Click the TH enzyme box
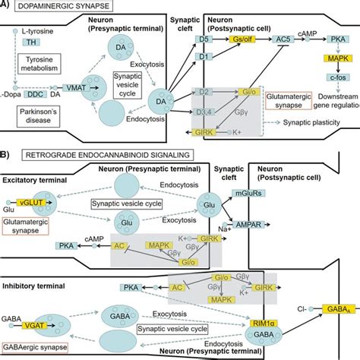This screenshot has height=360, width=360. pyautogui.click(x=27, y=44)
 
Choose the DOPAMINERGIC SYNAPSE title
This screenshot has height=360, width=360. pyautogui.click(x=61, y=8)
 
